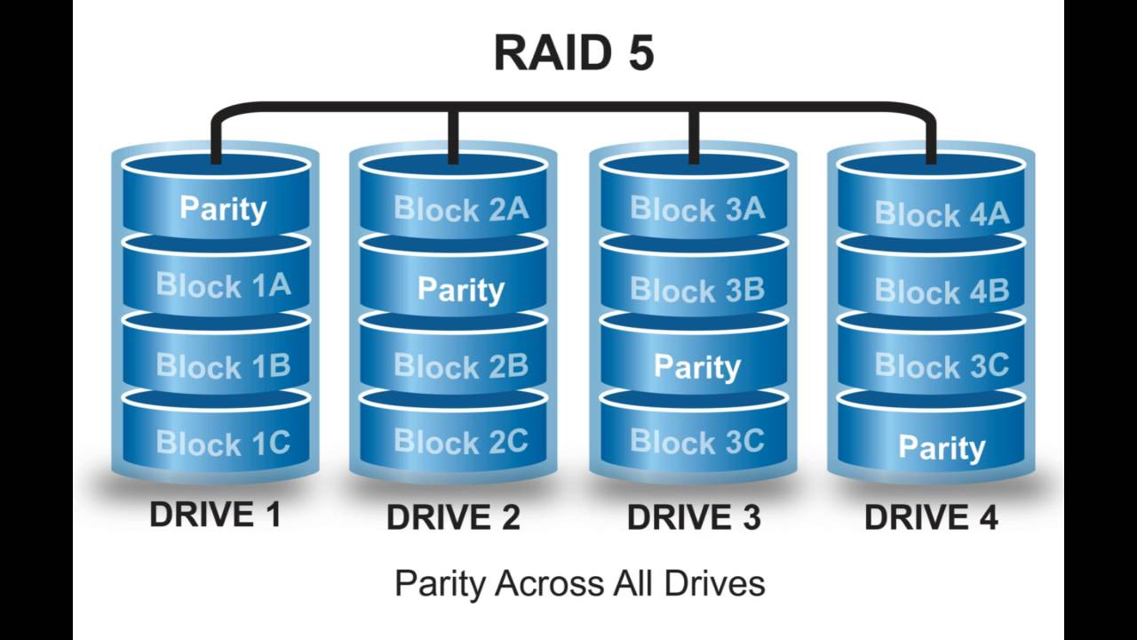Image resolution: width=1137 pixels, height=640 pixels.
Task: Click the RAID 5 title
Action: [574, 52]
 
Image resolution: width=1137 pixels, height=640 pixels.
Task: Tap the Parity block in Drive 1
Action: [223, 208]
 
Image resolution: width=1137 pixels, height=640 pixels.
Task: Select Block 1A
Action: [223, 284]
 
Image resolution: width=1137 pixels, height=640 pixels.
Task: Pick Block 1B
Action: [223, 365]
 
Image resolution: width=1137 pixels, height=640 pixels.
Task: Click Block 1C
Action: [223, 443]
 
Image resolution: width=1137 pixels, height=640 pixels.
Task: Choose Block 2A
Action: [461, 209]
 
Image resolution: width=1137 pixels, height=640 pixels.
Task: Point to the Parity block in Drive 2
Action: [461, 289]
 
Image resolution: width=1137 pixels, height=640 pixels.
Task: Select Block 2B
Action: [461, 365]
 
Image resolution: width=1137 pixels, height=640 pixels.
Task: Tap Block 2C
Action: [461, 441]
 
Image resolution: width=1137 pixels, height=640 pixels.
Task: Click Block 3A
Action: [697, 209]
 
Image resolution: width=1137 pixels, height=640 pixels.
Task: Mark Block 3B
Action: [697, 289]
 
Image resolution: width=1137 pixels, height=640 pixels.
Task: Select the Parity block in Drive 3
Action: [697, 366]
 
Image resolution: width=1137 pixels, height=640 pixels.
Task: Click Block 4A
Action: [942, 213]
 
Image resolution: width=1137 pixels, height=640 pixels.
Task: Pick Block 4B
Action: [942, 291]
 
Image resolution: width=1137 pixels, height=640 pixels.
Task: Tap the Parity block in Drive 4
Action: [942, 447]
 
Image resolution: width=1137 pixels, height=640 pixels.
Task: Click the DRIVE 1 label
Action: [215, 515]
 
